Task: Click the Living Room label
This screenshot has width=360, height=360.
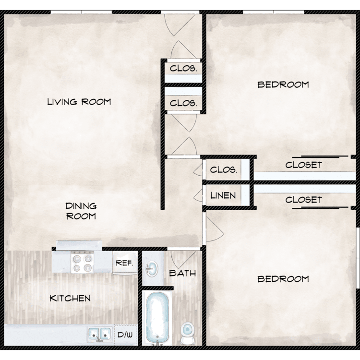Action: coord(79,102)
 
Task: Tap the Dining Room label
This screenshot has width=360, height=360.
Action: coord(81,211)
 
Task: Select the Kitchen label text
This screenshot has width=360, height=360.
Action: coord(70,298)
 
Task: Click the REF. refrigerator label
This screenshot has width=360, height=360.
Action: coord(124,263)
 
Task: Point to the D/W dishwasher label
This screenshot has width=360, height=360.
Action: coord(125,335)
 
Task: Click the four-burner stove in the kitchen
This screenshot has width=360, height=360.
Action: coord(83,262)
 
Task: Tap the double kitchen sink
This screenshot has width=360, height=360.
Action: coord(100,334)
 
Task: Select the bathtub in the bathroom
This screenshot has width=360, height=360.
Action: coord(157,318)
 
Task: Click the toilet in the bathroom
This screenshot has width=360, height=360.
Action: coord(187,334)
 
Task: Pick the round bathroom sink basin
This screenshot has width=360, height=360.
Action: coord(152,268)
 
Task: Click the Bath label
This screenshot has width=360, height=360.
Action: coord(182,273)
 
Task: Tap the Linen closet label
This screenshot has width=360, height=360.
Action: coord(223,196)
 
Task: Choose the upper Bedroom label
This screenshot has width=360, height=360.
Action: coord(283,84)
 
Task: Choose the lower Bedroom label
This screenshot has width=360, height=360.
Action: coord(283,279)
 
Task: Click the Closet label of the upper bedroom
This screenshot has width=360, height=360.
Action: coord(303,165)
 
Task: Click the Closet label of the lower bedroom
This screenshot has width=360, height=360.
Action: coord(303,200)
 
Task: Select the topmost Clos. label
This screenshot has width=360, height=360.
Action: coord(183,68)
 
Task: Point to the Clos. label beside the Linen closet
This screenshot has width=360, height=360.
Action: coord(223,169)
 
